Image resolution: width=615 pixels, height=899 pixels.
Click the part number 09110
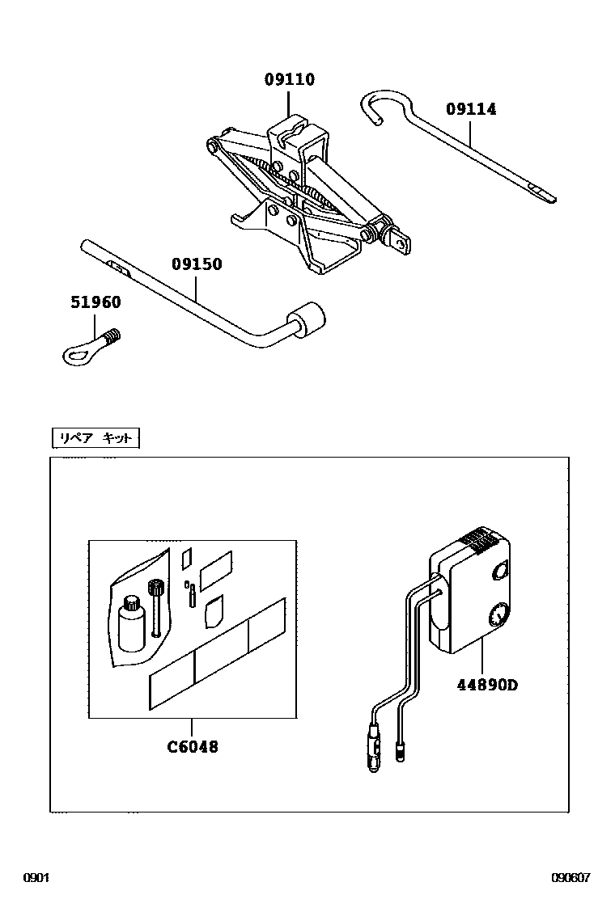(289, 79)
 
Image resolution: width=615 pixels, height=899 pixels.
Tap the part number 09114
(470, 108)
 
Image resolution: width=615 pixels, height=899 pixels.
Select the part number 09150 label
(197, 264)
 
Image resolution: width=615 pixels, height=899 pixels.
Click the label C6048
(193, 746)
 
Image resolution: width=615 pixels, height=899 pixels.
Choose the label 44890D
(486, 685)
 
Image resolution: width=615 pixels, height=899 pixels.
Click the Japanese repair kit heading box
(95, 438)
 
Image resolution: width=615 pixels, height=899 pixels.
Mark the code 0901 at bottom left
(36, 878)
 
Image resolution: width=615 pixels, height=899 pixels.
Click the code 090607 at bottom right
(570, 878)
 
